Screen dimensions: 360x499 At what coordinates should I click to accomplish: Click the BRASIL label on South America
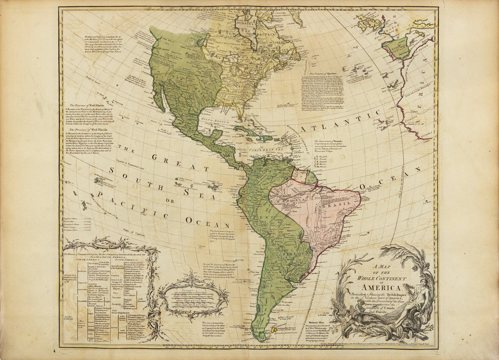coord(332,205)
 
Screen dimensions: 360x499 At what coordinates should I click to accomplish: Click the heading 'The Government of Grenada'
coord(332,142)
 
